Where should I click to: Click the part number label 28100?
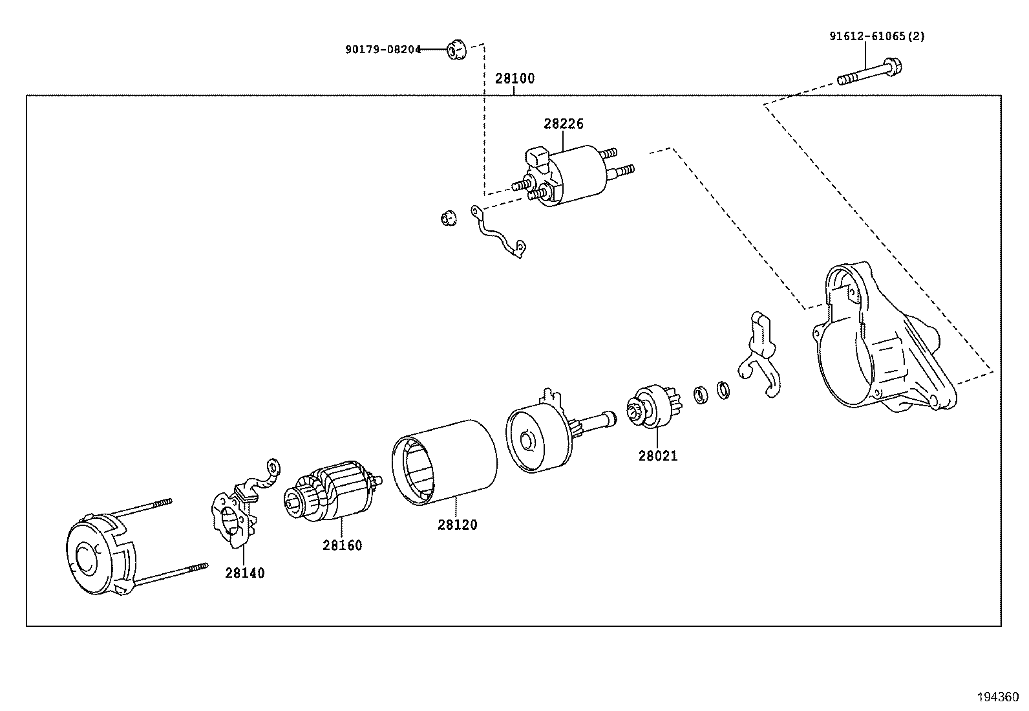(x=514, y=79)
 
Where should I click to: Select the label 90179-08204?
(x=383, y=49)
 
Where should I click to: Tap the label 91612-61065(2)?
(x=877, y=36)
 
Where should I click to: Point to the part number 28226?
(x=564, y=124)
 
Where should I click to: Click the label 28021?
(x=658, y=455)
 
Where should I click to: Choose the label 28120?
(x=457, y=525)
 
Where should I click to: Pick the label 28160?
(x=342, y=545)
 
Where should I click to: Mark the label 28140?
(x=245, y=573)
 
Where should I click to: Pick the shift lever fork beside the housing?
(x=762, y=356)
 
